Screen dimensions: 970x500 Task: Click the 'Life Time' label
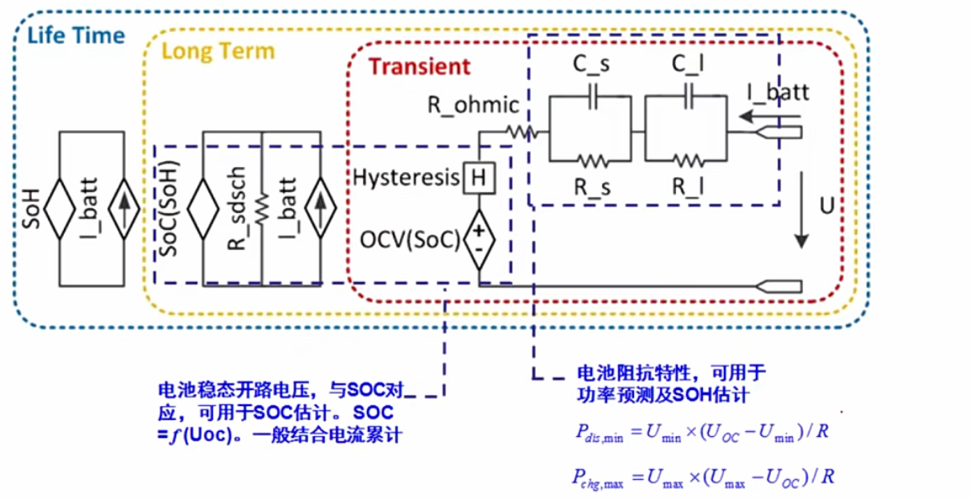click(76, 35)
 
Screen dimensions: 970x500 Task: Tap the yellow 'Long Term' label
click(218, 51)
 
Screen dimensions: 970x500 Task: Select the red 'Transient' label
click(419, 66)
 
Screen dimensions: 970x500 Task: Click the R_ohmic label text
click(474, 105)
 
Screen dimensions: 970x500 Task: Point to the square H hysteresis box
click(479, 178)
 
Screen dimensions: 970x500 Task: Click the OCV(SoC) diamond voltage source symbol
click(479, 240)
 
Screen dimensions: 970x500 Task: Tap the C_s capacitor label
click(591, 65)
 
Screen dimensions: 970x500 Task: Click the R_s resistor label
click(593, 186)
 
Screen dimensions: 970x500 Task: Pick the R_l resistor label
click(688, 186)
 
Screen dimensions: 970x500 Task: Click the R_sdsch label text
click(238, 209)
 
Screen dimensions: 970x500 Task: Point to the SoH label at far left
click(32, 208)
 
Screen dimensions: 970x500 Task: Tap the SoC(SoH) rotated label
click(168, 208)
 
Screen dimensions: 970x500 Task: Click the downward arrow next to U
click(802, 210)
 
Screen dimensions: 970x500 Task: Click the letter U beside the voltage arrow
click(826, 206)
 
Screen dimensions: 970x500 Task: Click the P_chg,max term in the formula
click(598, 477)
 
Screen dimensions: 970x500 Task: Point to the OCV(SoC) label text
click(410, 241)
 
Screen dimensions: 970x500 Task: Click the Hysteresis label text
click(406, 179)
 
